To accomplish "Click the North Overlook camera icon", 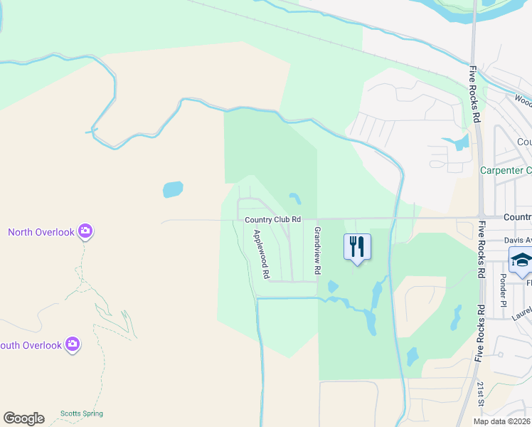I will tap(85, 231).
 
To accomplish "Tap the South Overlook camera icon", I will tap(72, 344).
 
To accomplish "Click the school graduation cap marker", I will tap(522, 260).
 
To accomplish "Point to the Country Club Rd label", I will tap(272, 220).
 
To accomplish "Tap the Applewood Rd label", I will tap(261, 253).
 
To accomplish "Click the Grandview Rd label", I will tap(318, 251).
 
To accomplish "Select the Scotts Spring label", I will tap(81, 413).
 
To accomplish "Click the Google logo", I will tap(23, 418).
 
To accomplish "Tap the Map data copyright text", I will tap(502, 421).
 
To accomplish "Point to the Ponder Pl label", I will tap(502, 285).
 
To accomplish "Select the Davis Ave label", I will tap(518, 241).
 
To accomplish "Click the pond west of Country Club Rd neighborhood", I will tap(173, 189).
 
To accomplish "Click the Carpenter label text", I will tap(506, 170).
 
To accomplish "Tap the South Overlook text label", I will tap(33, 345).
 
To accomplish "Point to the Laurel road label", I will tap(521, 310).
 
